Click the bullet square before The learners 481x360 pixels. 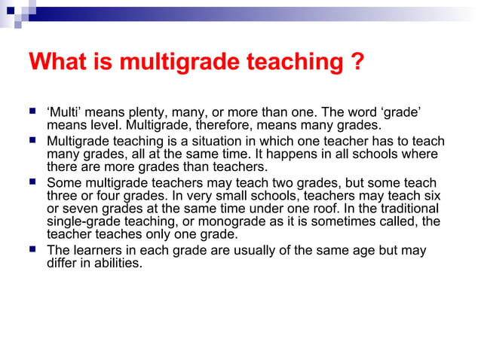tap(33, 250)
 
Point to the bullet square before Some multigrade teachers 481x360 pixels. tap(33, 182)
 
